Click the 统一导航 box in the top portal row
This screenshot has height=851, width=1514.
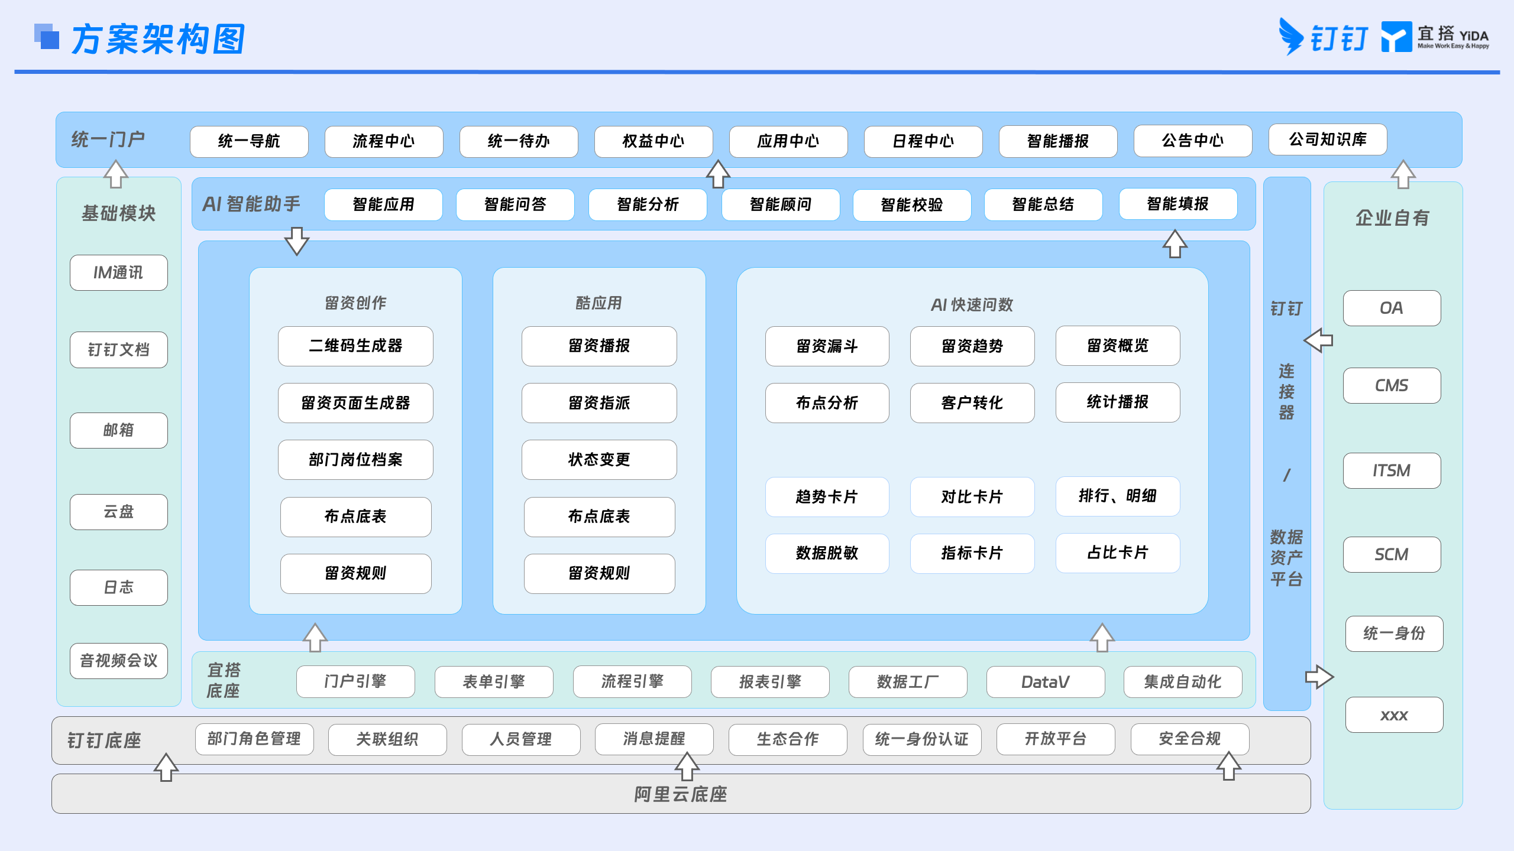(249, 141)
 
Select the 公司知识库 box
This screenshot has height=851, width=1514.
(1328, 139)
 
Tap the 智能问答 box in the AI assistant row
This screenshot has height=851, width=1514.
(515, 204)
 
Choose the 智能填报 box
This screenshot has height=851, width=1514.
(1178, 204)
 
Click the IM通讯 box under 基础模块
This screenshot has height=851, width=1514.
(119, 272)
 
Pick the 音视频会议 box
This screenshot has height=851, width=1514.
(119, 661)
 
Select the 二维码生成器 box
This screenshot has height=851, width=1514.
(355, 346)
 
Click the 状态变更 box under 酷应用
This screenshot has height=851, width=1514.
(599, 459)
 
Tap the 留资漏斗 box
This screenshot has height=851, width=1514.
(827, 346)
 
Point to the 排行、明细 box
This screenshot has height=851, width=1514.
(1118, 496)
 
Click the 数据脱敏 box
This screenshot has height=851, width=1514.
(827, 553)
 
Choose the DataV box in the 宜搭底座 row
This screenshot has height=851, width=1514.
(1046, 682)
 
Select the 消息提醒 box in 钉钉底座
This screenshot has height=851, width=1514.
(654, 739)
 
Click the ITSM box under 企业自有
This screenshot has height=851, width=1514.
(1392, 470)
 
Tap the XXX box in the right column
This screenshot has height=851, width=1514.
(1395, 715)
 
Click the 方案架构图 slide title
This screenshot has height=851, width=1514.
(158, 39)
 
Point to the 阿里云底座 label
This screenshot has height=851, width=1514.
(681, 794)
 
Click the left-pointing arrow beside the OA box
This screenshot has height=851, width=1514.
(1318, 340)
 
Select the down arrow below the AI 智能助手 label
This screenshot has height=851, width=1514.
(297, 241)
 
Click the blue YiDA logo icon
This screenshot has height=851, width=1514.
(1396, 37)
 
